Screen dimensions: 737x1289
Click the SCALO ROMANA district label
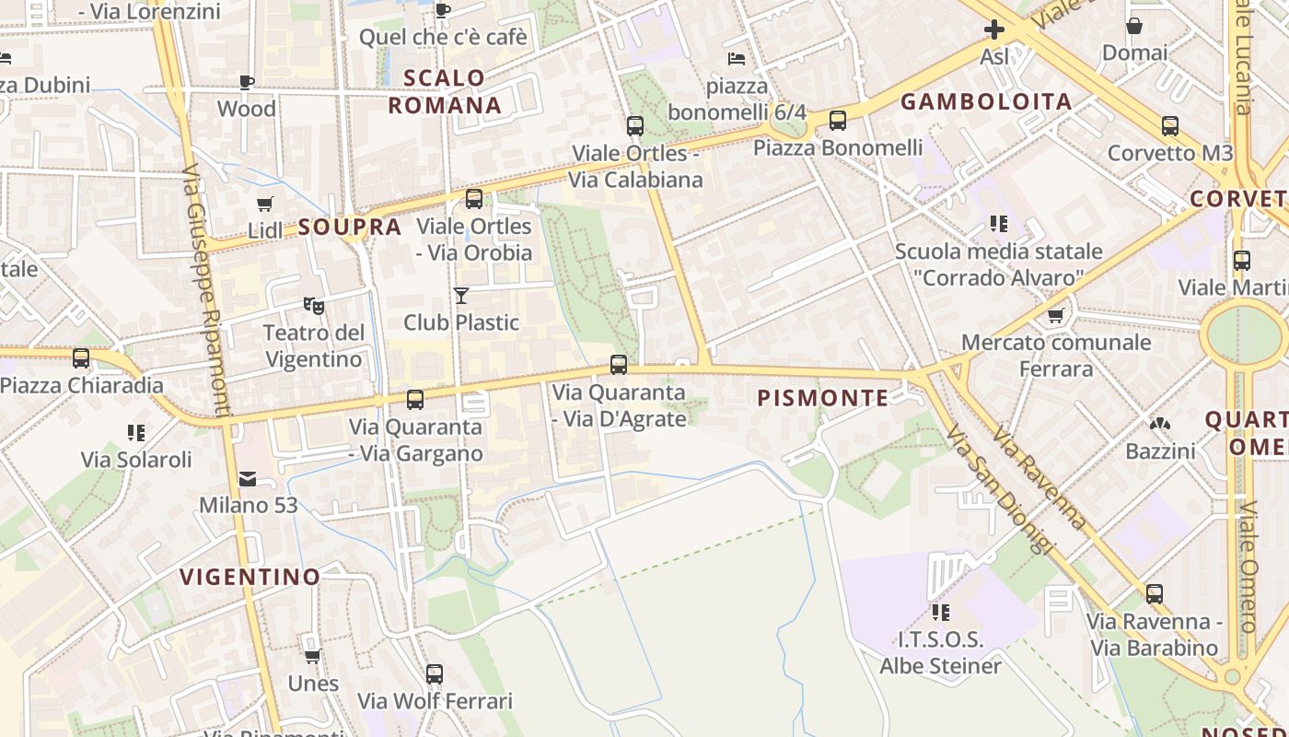point(445,91)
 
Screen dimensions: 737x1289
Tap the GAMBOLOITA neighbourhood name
point(986,101)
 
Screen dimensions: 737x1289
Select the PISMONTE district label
point(822,398)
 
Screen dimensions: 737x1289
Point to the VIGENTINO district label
point(250,578)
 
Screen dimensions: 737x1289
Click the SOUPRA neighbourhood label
point(350,227)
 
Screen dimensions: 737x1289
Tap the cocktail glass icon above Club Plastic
point(461,296)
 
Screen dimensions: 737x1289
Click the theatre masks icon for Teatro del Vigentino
point(313,305)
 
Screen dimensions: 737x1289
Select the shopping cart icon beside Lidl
point(265,205)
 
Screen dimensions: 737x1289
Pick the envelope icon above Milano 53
point(248,479)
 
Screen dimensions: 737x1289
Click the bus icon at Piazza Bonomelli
point(837,121)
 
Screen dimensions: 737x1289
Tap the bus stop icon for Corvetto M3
point(1169,126)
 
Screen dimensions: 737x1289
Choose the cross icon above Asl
point(994,29)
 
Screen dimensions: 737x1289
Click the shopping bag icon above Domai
point(1134,26)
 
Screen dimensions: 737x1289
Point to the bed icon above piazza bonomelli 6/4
point(736,59)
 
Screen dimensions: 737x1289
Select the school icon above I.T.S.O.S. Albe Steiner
point(940,612)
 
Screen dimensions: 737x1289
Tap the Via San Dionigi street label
point(997,489)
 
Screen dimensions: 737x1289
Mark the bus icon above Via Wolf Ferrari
point(435,674)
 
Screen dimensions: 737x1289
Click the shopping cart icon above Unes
point(312,657)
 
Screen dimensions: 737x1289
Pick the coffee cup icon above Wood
point(246,82)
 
